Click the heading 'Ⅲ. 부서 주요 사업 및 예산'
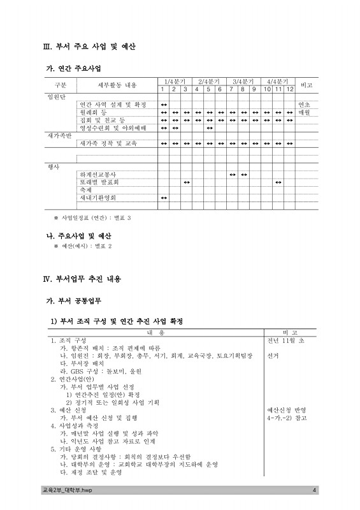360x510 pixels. [88, 47]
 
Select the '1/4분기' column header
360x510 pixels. [175, 82]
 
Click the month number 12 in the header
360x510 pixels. [289, 89]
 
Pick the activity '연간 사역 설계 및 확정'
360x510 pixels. [112, 105]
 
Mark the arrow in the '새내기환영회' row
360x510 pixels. [164, 198]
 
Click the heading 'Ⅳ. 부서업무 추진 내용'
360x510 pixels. [81, 279]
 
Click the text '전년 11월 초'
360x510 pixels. [286, 341]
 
